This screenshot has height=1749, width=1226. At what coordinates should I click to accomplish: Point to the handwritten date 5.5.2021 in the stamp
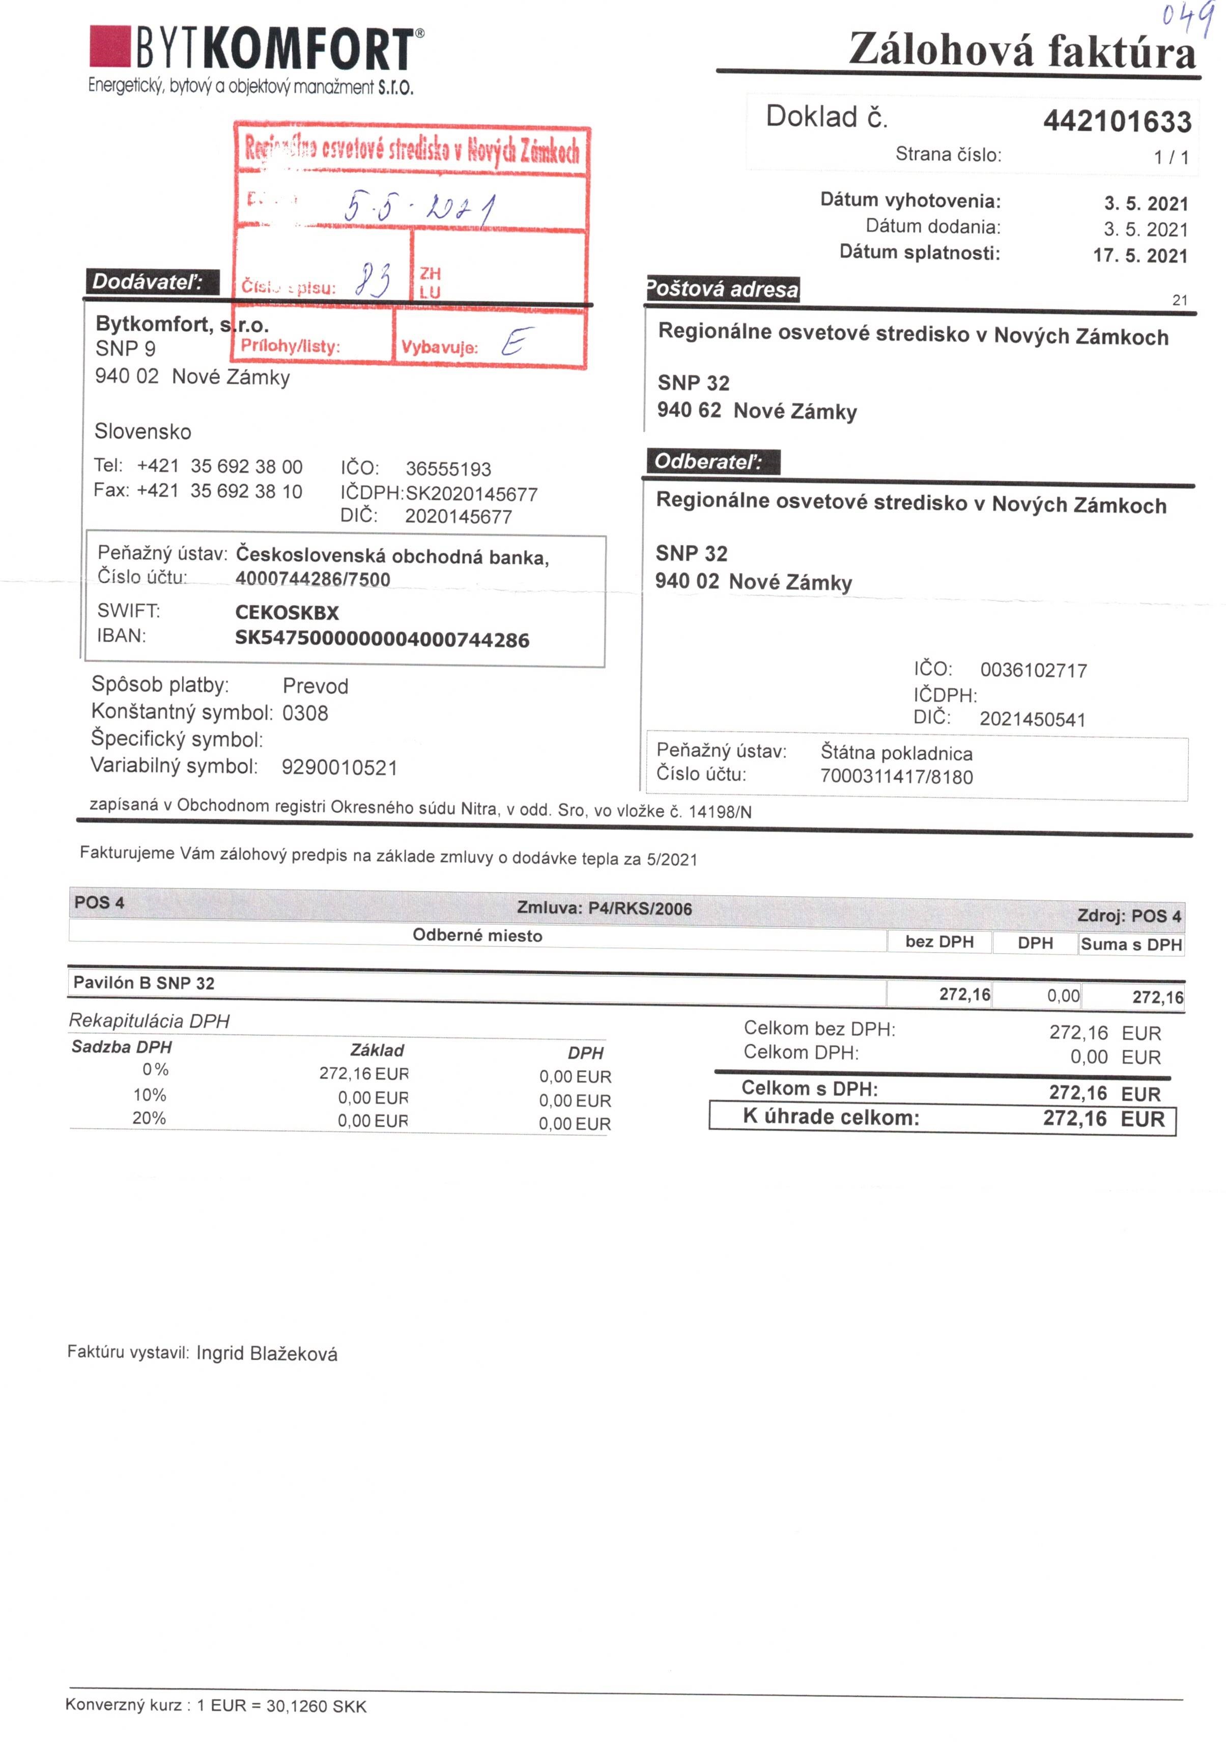(419, 206)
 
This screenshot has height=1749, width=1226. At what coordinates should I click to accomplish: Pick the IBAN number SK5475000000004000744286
(382, 639)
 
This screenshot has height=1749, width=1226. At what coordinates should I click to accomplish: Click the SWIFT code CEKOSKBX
(287, 613)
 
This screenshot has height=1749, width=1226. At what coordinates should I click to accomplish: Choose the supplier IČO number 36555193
(448, 469)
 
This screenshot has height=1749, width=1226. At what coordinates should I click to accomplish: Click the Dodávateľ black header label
(148, 282)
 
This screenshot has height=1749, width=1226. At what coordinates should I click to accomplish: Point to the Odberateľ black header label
(708, 462)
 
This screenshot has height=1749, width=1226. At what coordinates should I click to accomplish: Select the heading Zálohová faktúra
(1022, 51)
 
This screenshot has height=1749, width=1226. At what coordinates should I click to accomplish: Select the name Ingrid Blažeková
(267, 1354)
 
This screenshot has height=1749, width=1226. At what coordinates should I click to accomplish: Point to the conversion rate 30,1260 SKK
(316, 1706)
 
